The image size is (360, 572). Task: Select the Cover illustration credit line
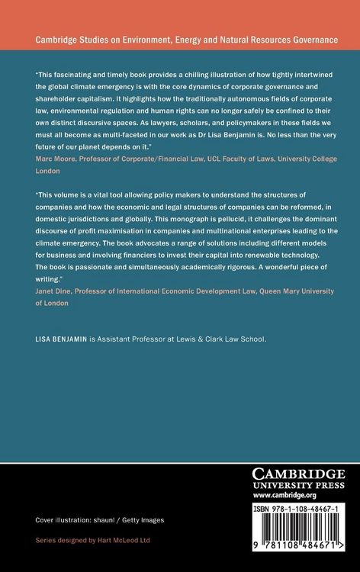point(100,519)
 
